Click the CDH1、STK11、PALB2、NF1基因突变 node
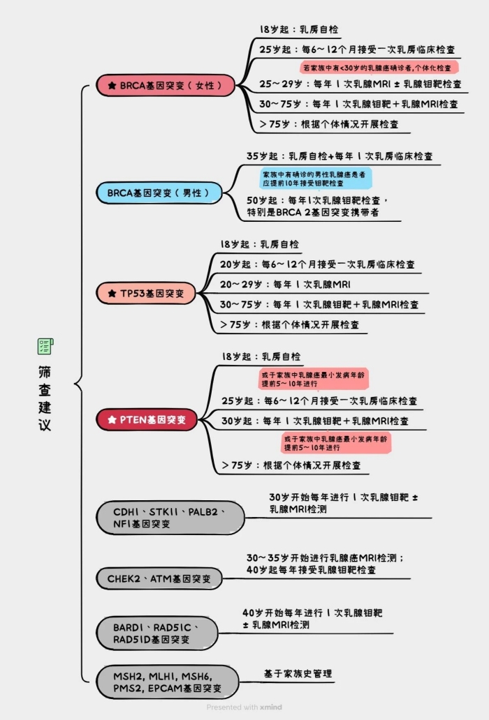[x=170, y=517]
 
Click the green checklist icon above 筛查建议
[x=45, y=346]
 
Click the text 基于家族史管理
[x=298, y=674]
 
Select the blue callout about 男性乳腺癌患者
[x=316, y=177]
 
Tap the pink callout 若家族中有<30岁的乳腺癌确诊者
[x=379, y=67]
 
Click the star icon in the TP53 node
[x=112, y=294]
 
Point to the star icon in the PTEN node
[x=112, y=419]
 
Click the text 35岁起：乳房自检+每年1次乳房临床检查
[x=344, y=156]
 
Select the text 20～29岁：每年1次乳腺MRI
[x=285, y=284]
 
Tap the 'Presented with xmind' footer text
[x=244, y=707]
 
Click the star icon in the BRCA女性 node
[x=112, y=85]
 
